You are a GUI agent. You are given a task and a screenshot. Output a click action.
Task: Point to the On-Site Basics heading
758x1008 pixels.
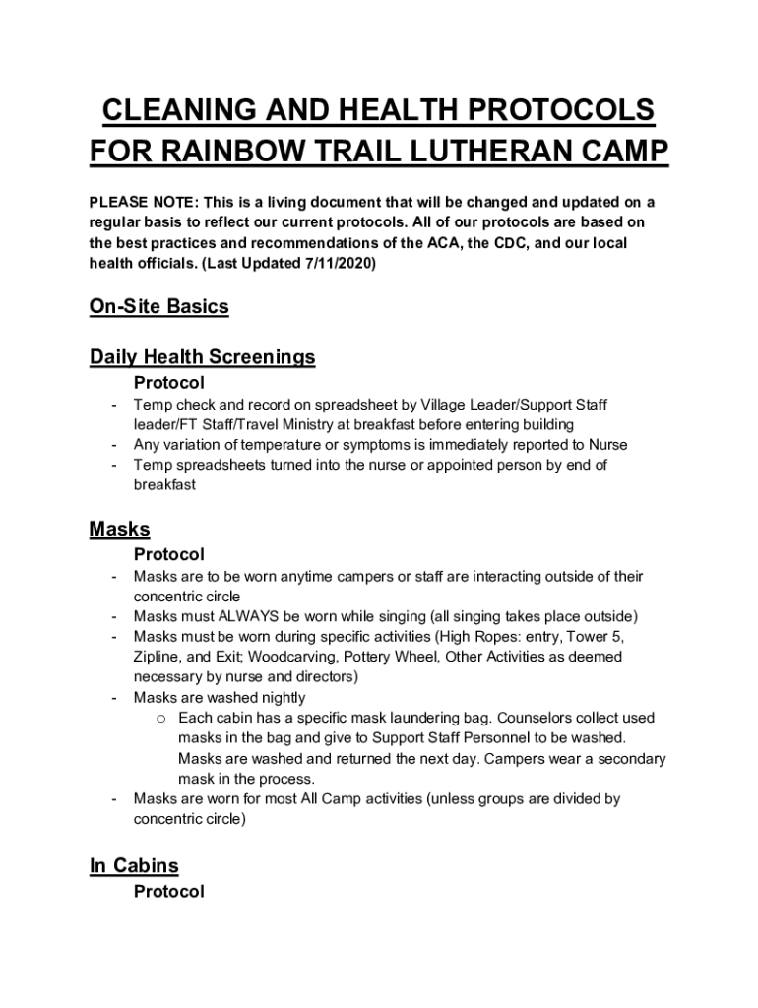(x=158, y=306)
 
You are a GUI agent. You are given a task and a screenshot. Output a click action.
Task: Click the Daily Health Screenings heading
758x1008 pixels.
(x=202, y=357)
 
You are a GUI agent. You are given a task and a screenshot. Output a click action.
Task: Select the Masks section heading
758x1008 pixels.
(x=119, y=529)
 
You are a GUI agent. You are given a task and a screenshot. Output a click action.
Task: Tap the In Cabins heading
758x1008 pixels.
(x=134, y=866)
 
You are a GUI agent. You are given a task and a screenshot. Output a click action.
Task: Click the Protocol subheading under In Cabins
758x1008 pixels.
(x=169, y=892)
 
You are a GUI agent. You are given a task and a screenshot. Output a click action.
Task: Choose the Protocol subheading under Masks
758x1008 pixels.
(x=169, y=555)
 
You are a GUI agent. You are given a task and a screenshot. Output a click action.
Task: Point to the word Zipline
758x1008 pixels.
(x=159, y=658)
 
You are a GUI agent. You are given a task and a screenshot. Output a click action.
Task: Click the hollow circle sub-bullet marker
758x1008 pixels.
(x=160, y=719)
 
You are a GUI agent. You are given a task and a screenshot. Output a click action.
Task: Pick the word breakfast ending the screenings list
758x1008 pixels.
(x=164, y=485)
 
